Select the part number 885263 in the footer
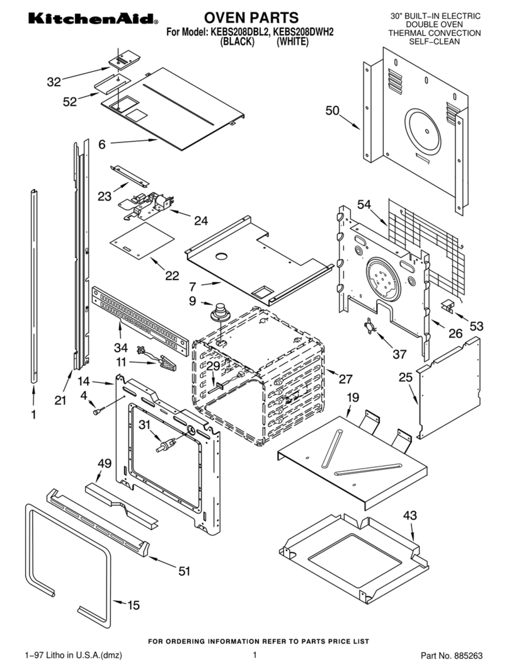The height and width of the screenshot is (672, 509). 466,656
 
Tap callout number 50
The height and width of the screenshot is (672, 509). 332,111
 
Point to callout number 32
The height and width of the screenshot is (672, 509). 54,81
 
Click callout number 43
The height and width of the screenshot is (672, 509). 409,515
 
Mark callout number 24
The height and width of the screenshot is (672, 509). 200,220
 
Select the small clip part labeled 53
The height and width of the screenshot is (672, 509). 449,306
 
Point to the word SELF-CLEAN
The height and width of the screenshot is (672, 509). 435,42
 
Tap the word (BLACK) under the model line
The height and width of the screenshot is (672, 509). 236,42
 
